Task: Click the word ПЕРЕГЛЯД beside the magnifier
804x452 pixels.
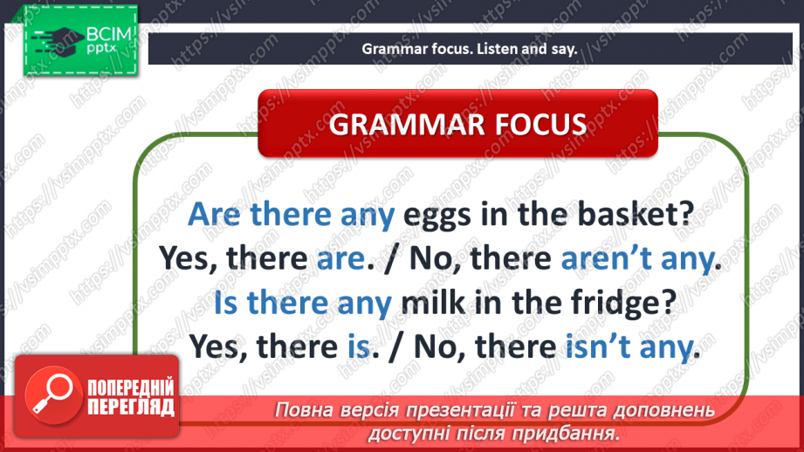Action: click(x=130, y=407)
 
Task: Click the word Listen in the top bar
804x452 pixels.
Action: click(x=497, y=49)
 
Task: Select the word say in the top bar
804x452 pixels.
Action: click(x=564, y=49)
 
